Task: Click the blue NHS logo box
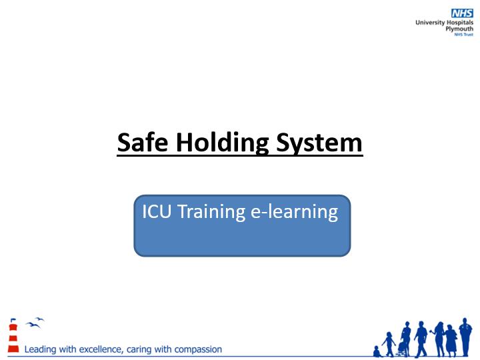(462, 13)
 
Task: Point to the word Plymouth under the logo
(459, 29)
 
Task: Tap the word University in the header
(430, 23)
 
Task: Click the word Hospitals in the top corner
(460, 23)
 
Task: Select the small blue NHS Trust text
(464, 35)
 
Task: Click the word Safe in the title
(143, 143)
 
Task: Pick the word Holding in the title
(223, 143)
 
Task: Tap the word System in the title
(319, 143)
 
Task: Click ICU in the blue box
(157, 211)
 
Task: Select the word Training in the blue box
(211, 212)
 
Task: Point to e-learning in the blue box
(294, 212)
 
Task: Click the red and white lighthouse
(13, 335)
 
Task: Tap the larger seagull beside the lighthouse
(33, 325)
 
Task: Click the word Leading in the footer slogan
(41, 349)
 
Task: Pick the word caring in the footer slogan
(139, 350)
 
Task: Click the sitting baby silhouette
(377, 351)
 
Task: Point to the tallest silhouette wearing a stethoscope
(465, 337)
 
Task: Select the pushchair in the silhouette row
(403, 349)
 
